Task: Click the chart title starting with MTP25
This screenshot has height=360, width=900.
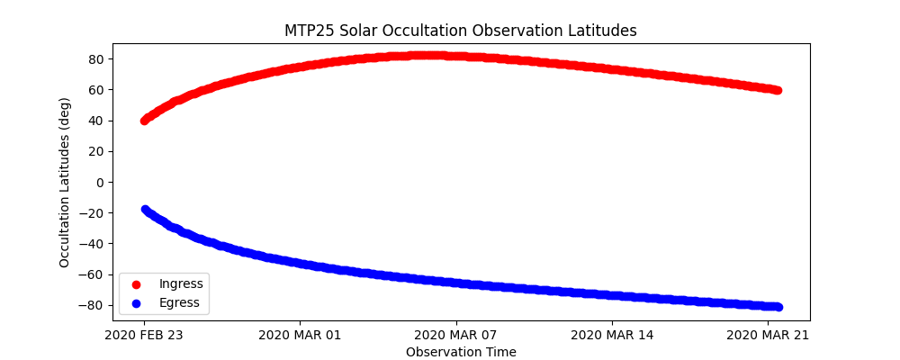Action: [x=460, y=31]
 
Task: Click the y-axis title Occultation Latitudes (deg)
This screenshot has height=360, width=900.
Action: [x=65, y=182]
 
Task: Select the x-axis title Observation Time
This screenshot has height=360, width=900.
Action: [x=461, y=352]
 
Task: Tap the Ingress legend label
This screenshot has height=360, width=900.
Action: [x=181, y=284]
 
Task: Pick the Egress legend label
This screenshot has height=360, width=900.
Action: [x=179, y=302]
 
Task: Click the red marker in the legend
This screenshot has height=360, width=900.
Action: [x=137, y=284]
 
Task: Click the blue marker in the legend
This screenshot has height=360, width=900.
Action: [x=137, y=302]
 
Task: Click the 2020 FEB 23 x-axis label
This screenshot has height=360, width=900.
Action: [x=144, y=335]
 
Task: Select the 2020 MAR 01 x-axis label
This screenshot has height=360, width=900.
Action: [x=300, y=335]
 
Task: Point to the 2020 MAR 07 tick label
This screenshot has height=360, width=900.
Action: [x=456, y=335]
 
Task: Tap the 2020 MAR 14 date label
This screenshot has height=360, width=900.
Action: [x=612, y=335]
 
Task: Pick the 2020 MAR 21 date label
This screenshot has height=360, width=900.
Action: [x=768, y=335]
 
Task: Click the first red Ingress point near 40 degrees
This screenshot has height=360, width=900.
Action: [x=144, y=121]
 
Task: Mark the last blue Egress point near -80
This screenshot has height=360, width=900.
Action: [x=778, y=307]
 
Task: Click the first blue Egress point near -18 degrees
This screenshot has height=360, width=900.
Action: [x=145, y=210]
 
